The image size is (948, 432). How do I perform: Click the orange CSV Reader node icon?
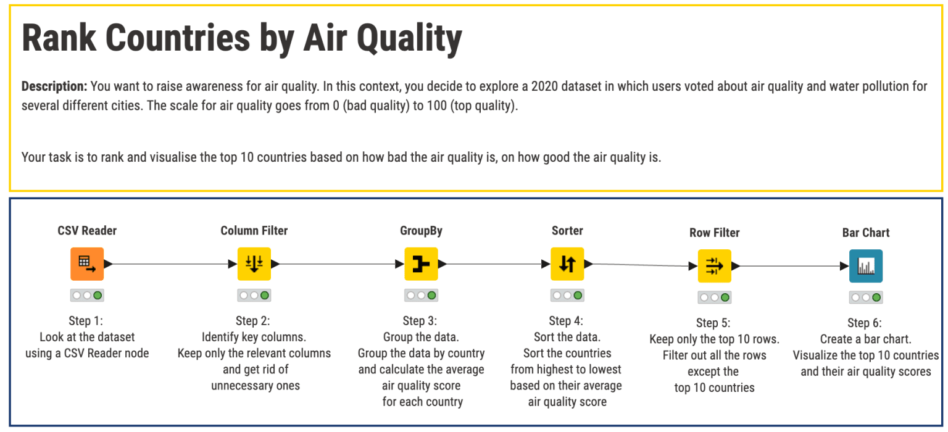point(87,264)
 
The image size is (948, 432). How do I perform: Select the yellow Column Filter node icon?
point(254,264)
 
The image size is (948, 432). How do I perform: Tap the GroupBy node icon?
point(421,264)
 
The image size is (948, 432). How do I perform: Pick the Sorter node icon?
point(567,264)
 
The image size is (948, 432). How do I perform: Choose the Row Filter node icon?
point(714,266)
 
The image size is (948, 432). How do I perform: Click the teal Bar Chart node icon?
point(866,266)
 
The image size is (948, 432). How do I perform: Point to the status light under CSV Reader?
point(87,296)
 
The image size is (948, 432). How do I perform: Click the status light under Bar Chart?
point(866,297)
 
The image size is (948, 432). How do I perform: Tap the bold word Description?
point(54,86)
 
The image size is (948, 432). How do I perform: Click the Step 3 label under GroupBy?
point(422,321)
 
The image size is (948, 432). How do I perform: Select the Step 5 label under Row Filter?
point(715,323)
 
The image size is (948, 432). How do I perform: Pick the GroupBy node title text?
point(421,231)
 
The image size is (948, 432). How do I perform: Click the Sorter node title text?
point(567,231)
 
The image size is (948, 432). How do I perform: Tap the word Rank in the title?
point(59,38)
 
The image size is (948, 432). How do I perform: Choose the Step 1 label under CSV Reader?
point(87,321)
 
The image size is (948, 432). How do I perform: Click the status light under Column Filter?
point(254,296)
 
